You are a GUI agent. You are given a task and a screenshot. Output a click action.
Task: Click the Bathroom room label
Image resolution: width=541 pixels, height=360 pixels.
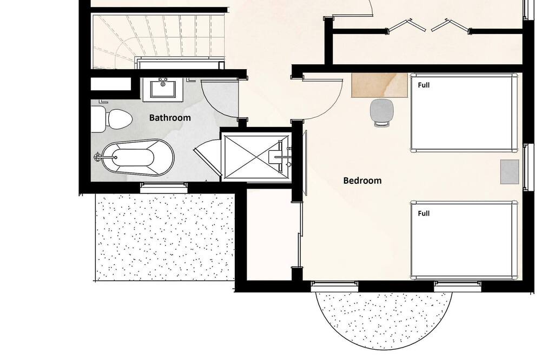(x=170, y=118)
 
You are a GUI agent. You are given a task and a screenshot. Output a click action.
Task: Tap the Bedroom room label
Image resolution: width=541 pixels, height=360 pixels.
(x=362, y=181)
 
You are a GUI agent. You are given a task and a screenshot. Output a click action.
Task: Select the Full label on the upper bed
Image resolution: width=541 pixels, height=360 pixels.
(x=424, y=85)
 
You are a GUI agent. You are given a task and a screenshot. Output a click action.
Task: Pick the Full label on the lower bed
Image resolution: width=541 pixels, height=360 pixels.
(x=424, y=214)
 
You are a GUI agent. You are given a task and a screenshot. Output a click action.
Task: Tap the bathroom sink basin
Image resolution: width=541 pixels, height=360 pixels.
(x=163, y=90)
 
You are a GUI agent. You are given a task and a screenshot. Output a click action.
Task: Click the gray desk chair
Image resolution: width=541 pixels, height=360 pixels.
(x=381, y=112)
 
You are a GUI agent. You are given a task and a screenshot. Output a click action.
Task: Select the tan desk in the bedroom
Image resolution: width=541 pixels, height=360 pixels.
(x=380, y=85)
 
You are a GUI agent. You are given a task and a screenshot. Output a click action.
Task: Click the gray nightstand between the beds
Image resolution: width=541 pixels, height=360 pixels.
(x=510, y=172)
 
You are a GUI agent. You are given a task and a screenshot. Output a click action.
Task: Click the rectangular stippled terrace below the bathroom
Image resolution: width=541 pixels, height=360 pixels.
(x=165, y=237)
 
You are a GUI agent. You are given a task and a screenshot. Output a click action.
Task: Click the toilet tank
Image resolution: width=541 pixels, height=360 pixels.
(x=98, y=119)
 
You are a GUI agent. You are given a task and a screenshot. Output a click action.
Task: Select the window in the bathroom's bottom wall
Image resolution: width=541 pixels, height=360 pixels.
(x=164, y=188)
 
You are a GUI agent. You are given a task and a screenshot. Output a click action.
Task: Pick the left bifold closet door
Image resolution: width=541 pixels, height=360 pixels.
(x=402, y=26)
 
